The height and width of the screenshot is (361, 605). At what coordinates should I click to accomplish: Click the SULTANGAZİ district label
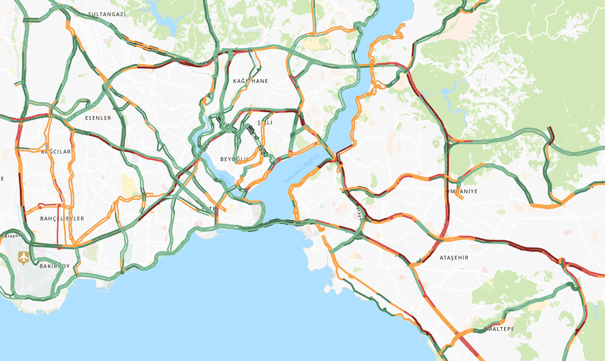click(107, 14)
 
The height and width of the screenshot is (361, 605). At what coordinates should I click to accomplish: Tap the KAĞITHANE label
click(250, 81)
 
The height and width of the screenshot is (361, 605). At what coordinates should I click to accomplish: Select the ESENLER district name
click(98, 118)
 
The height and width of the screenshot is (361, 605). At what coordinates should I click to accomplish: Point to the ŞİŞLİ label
click(265, 123)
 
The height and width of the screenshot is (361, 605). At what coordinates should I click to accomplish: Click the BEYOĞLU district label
click(233, 159)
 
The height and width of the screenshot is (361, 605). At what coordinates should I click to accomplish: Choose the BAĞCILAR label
click(56, 152)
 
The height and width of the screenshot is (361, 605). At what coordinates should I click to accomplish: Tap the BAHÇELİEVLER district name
click(62, 219)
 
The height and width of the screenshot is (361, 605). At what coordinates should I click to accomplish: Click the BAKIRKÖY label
click(54, 266)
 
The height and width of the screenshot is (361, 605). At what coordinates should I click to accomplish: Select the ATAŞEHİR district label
click(454, 258)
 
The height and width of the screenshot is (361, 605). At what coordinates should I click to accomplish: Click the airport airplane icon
click(23, 257)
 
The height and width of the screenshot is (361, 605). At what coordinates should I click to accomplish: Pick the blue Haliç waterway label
click(223, 177)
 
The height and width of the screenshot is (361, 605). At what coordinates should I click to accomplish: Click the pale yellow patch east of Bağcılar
click(128, 183)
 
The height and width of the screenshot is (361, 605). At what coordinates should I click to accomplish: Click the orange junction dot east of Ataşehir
click(561, 261)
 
